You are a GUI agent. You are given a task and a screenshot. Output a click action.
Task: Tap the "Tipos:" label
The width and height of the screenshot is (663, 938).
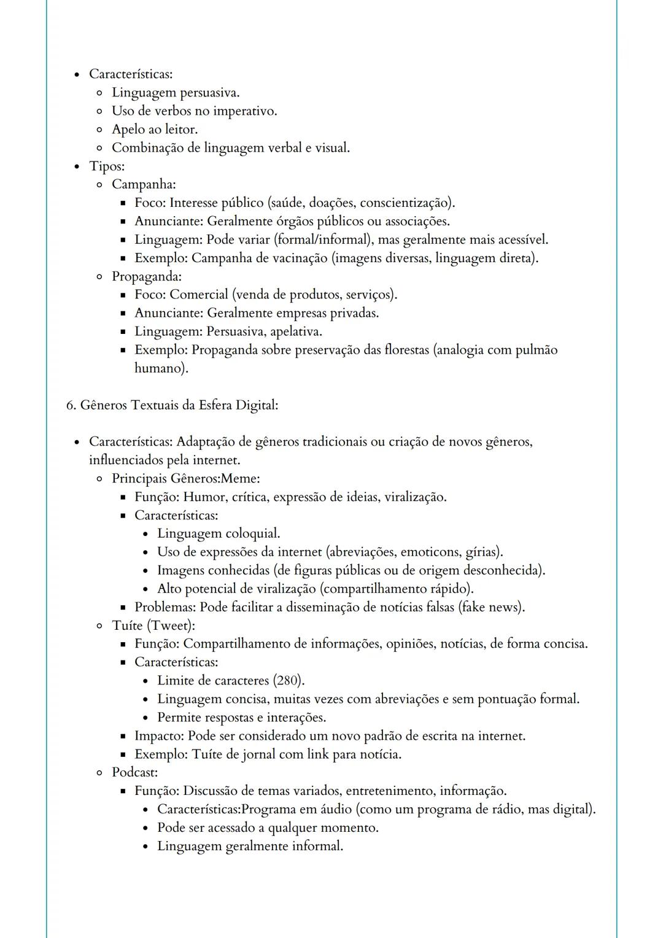(x=107, y=166)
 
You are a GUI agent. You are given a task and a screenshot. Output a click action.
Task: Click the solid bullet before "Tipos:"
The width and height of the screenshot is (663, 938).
(x=77, y=166)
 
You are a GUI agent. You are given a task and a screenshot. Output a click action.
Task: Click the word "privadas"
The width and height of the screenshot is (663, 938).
(x=354, y=313)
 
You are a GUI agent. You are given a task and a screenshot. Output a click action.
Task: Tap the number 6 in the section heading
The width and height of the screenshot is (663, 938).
(x=69, y=405)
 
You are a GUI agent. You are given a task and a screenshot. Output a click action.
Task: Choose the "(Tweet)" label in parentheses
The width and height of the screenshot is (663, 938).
(x=171, y=626)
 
